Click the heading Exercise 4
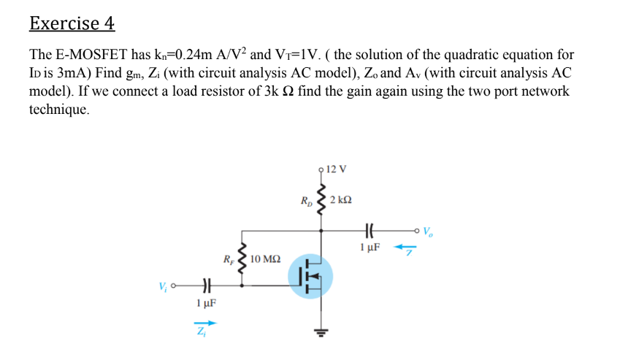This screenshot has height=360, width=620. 72,23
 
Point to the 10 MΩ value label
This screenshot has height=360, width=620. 265,259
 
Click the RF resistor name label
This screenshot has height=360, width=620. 229,259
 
